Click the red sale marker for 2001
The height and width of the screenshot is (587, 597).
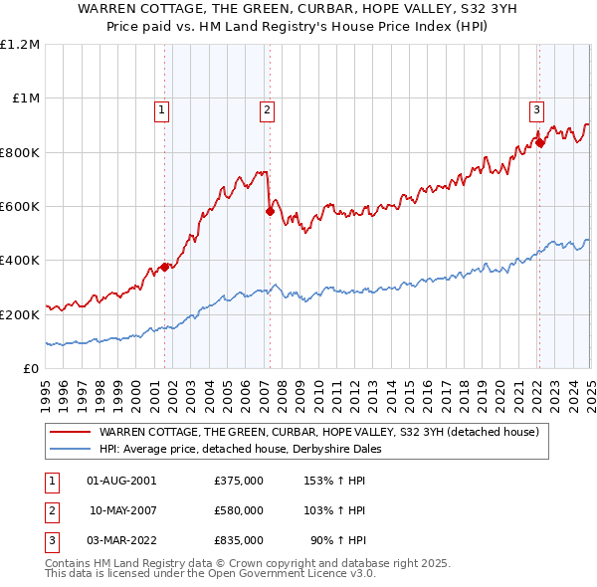coord(165,267)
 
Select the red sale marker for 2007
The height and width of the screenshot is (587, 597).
coord(270,211)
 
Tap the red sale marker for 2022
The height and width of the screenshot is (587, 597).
coord(539,142)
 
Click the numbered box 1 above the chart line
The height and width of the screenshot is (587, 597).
coord(161,110)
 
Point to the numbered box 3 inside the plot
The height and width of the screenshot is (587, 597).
coord(536,110)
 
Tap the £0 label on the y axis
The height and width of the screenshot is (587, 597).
coord(32,369)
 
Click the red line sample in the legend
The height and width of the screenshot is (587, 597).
coord(69,433)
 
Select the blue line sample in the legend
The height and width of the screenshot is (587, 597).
coord(69,449)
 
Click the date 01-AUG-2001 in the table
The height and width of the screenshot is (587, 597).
coord(121,481)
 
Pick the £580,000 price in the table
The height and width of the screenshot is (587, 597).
coord(239,510)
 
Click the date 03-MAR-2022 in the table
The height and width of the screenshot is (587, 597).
coord(121,540)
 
